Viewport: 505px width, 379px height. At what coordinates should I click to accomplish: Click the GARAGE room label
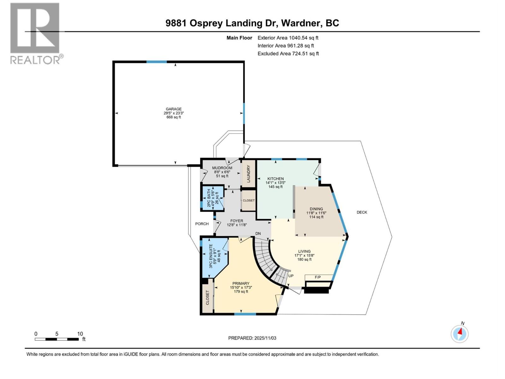click(x=174, y=109)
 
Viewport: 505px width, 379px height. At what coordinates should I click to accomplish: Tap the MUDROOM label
click(x=222, y=168)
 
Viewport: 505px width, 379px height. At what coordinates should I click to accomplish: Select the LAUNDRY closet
click(x=248, y=173)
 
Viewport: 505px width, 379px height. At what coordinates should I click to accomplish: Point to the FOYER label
click(x=237, y=221)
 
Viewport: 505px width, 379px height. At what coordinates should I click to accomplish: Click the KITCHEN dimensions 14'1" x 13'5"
click(x=275, y=183)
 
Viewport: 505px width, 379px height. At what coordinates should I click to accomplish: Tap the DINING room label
click(x=316, y=209)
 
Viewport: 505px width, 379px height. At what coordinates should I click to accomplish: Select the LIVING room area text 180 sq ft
click(x=304, y=259)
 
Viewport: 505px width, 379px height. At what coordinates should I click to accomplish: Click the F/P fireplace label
click(x=318, y=277)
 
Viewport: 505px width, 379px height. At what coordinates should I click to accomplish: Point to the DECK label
click(x=362, y=212)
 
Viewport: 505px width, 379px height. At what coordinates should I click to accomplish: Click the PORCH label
click(x=202, y=224)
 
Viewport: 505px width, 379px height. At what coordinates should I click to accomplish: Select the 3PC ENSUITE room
click(x=213, y=256)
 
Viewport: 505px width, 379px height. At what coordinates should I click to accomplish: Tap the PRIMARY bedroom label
click(x=241, y=283)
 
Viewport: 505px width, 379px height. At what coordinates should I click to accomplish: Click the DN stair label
click(x=258, y=233)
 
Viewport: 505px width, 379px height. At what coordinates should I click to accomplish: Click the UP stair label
click(x=291, y=276)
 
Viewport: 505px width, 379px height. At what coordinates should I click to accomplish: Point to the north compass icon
click(x=460, y=333)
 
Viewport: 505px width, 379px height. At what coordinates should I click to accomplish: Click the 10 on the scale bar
click(x=80, y=334)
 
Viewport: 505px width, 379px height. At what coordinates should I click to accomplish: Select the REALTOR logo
click(x=35, y=33)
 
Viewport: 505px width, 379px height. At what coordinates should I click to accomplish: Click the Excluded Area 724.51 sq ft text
click(x=288, y=54)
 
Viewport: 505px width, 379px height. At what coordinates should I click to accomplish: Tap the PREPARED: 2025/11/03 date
click(x=252, y=338)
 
